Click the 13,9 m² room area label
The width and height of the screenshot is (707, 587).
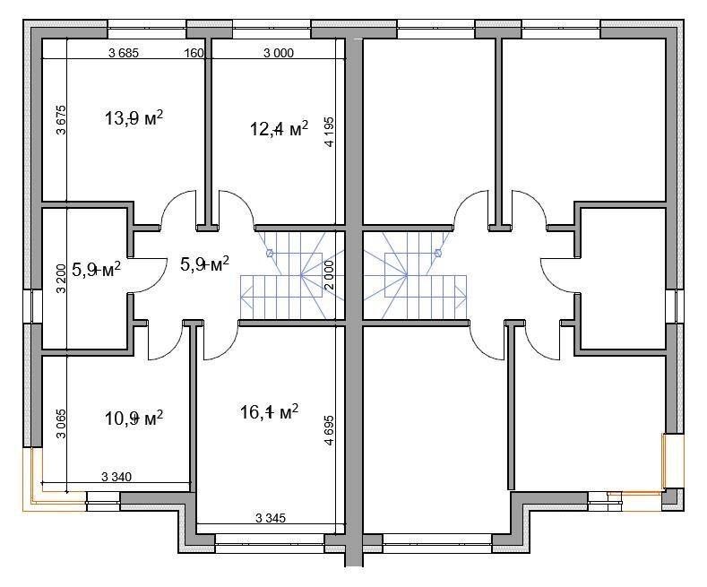(x=134, y=118)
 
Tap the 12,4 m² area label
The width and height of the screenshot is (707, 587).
(x=279, y=128)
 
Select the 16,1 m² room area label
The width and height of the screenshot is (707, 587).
(x=269, y=411)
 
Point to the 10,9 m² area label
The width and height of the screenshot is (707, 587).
(x=134, y=418)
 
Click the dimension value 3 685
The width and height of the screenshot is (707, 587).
(x=124, y=53)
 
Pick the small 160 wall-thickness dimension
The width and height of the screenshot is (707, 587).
(x=194, y=53)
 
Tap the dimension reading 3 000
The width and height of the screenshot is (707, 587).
(x=278, y=53)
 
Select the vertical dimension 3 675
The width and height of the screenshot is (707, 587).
(x=61, y=120)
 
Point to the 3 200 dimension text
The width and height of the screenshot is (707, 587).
(x=61, y=278)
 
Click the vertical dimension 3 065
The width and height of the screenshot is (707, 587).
(x=61, y=423)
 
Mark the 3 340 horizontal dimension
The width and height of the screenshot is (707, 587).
(x=116, y=477)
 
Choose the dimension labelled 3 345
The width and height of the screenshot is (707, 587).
(x=271, y=518)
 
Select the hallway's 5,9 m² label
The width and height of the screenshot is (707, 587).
(x=204, y=263)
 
